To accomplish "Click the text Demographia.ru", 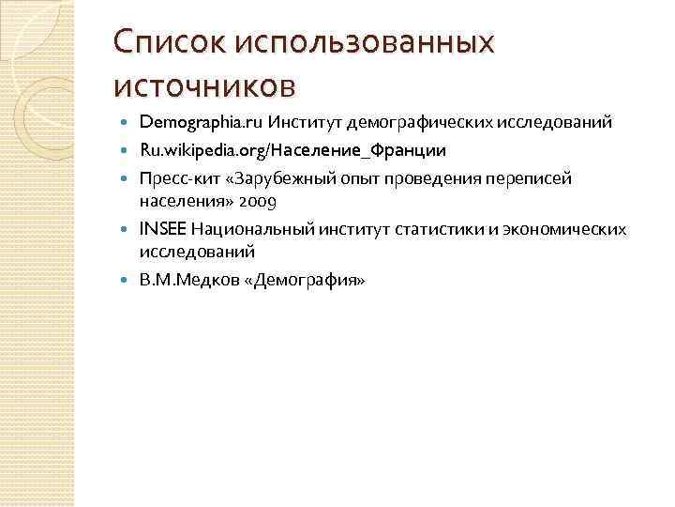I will click(x=200, y=122).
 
